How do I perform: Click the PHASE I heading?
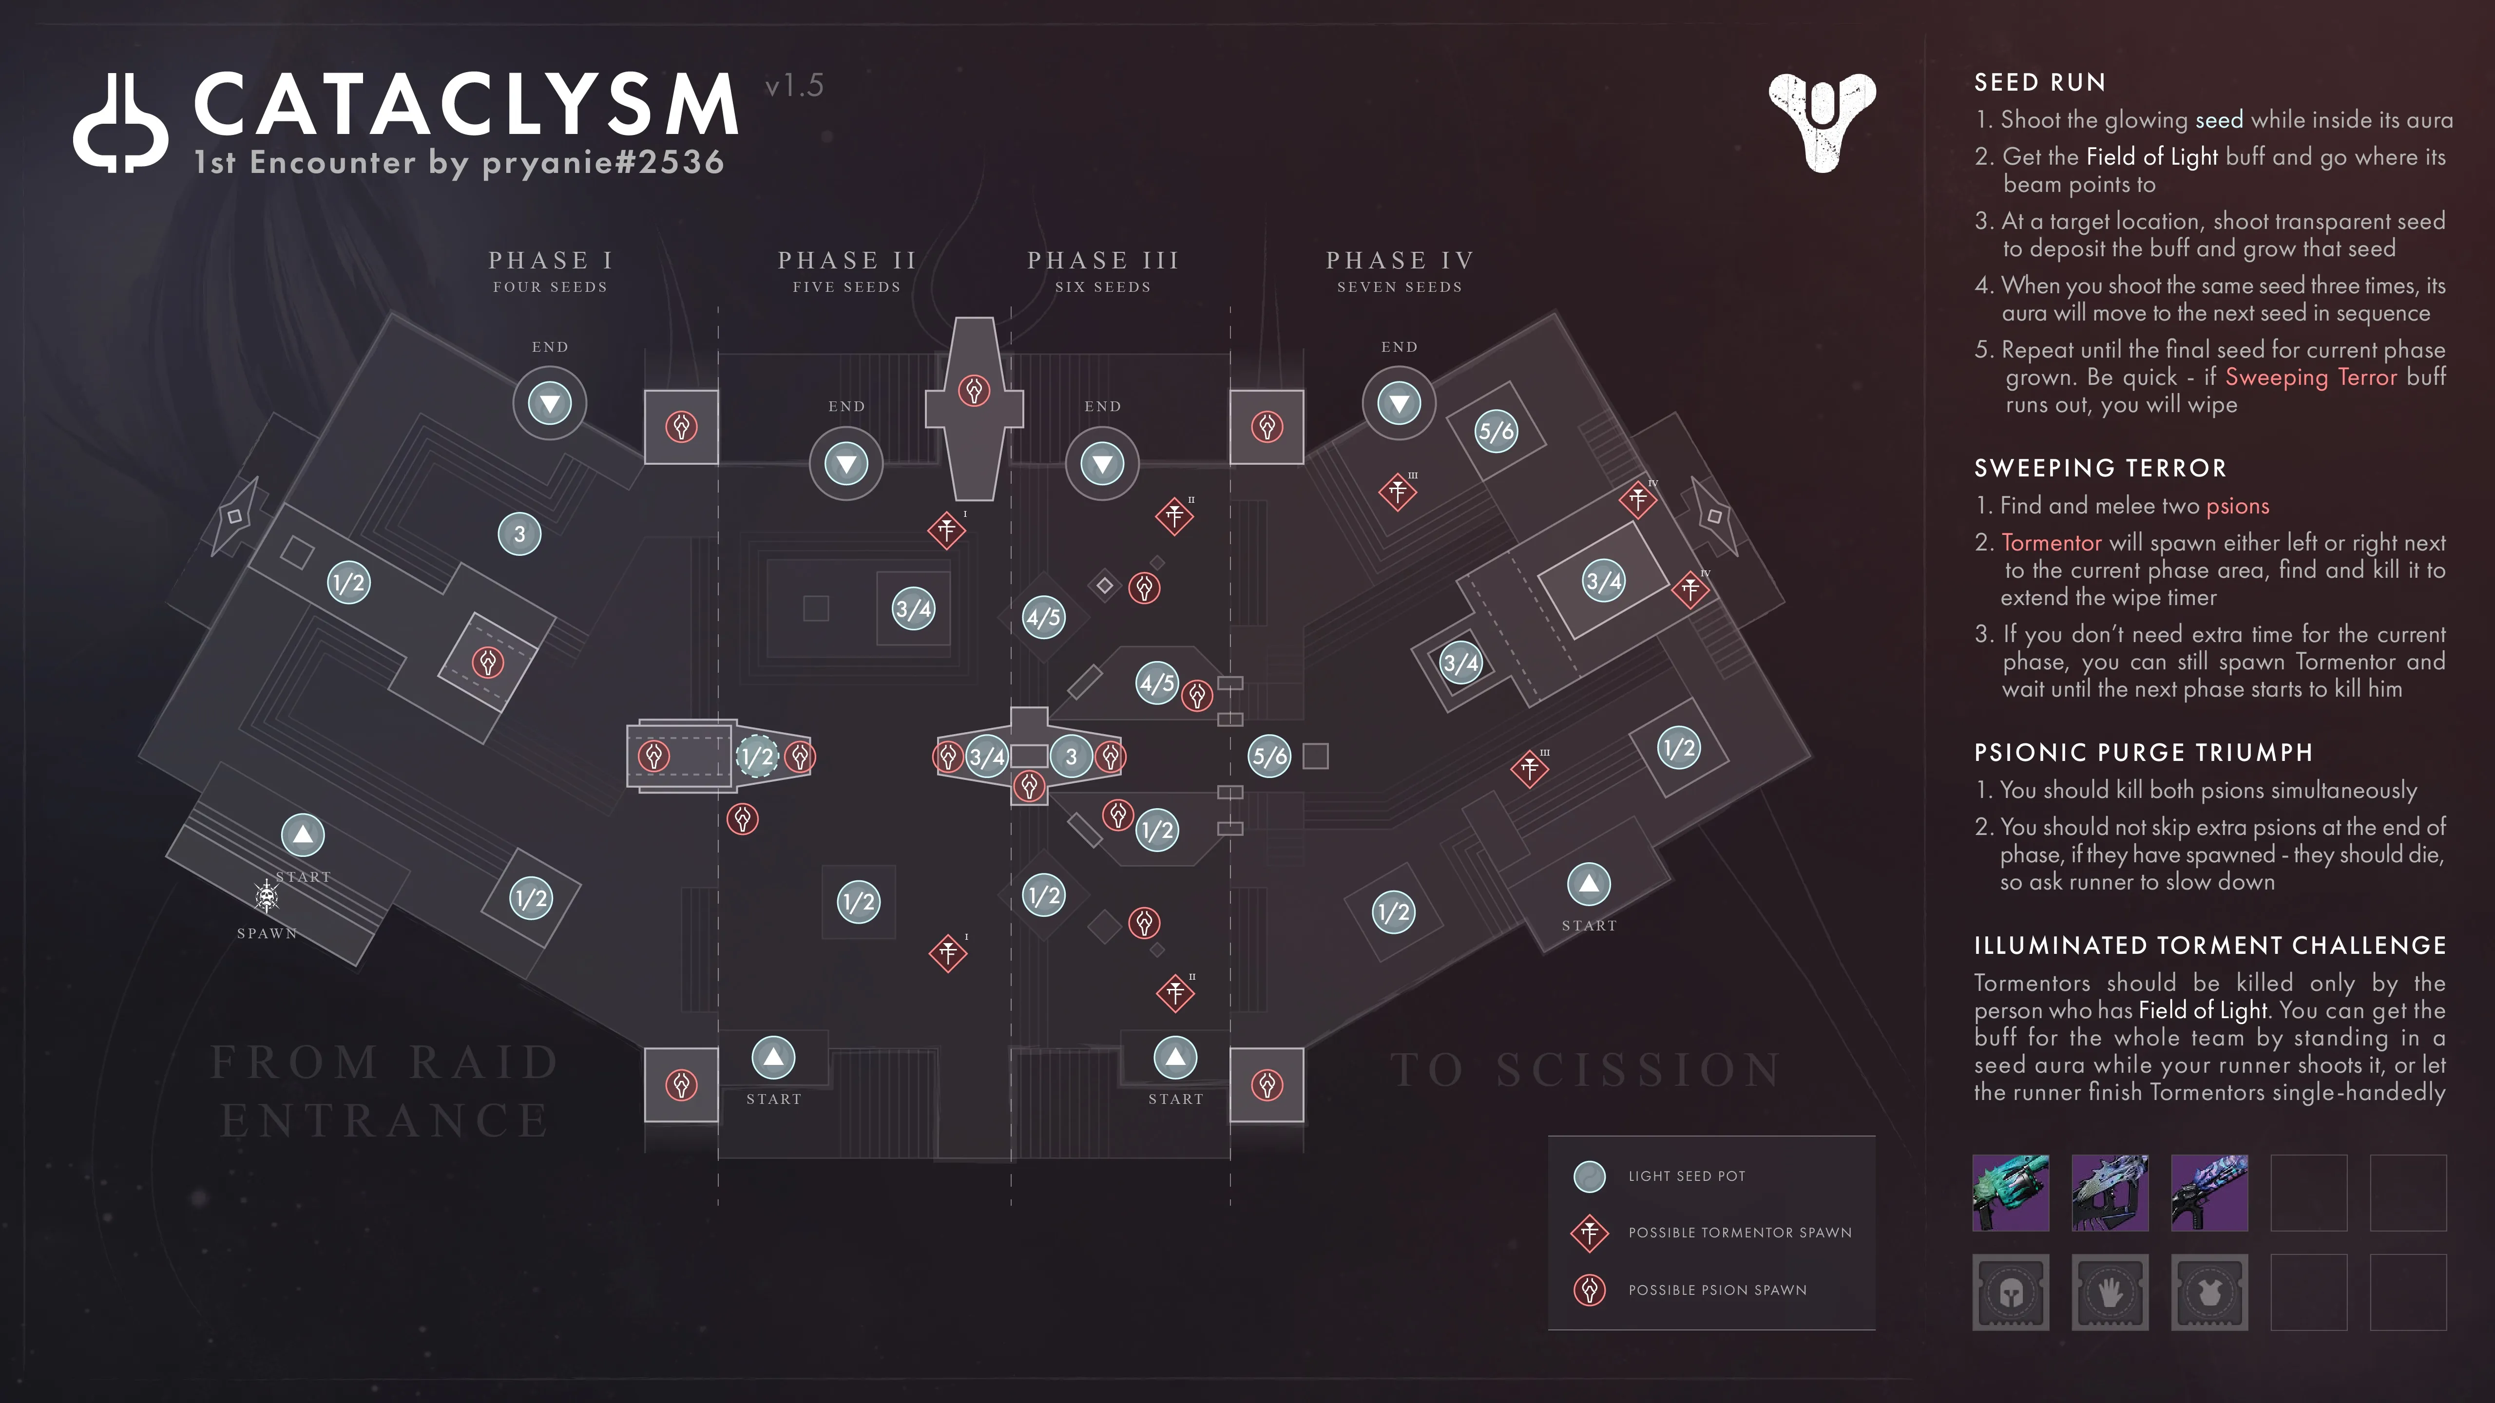point(550,261)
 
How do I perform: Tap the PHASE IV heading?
point(1400,261)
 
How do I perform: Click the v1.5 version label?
point(794,86)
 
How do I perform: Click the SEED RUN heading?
point(2040,82)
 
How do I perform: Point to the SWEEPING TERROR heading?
point(2100,469)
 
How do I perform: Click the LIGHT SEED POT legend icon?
point(1590,1176)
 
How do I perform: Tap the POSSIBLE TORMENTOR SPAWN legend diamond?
point(1590,1232)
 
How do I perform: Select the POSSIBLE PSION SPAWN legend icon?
point(1590,1289)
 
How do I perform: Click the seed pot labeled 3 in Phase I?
point(519,533)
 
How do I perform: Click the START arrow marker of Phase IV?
point(1589,883)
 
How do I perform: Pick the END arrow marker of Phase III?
point(1102,464)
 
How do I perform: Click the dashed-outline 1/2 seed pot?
point(757,756)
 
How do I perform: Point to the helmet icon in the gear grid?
point(2011,1292)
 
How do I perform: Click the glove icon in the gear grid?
point(2110,1292)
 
